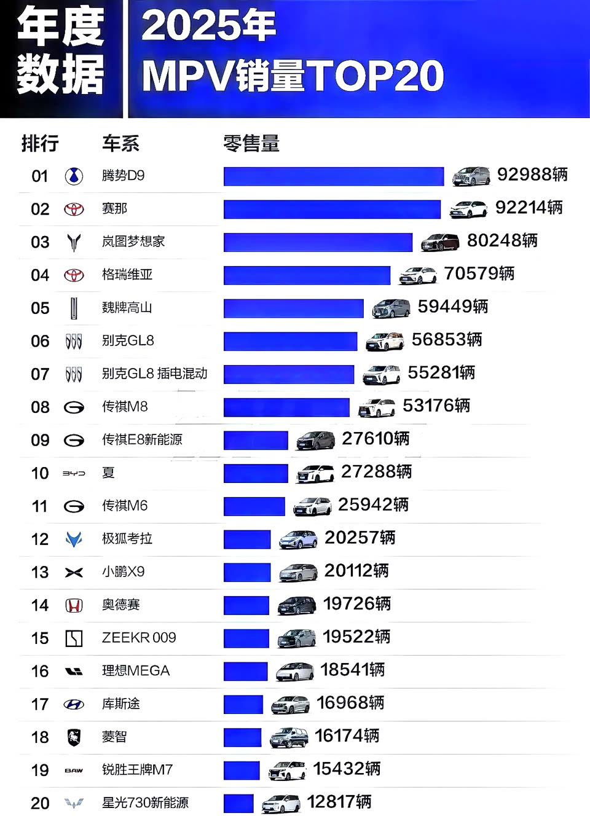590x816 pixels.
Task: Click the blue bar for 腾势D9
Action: (333, 176)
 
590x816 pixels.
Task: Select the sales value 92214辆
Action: (529, 208)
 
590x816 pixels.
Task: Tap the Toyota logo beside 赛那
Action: (74, 210)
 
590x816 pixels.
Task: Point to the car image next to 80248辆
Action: (440, 242)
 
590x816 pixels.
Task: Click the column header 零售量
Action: (251, 144)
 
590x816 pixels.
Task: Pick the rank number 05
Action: (40, 308)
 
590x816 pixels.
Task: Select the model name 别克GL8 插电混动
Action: (154, 374)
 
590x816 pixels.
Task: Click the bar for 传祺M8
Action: (286, 407)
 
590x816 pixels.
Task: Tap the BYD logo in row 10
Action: (74, 473)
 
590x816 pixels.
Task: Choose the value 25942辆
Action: (373, 505)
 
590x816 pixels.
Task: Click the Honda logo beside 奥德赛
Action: (74, 606)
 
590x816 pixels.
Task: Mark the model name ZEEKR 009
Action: (139, 638)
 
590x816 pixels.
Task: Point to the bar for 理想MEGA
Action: (245, 671)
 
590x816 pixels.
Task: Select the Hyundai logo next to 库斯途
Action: (74, 705)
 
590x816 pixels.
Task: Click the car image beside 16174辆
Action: (289, 737)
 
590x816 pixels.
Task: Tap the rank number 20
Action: (40, 803)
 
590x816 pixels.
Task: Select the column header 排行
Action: (40, 144)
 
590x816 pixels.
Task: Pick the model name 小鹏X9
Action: (123, 572)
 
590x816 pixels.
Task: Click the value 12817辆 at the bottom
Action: (339, 802)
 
